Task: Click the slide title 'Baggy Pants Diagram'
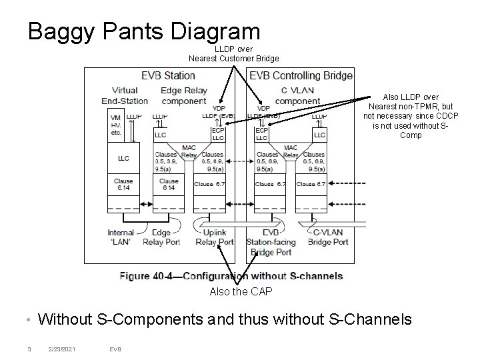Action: coord(143,31)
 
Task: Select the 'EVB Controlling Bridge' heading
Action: coord(301,75)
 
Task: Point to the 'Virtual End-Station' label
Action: coord(125,95)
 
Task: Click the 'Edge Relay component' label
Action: coord(185,95)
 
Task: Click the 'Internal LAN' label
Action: coord(121,237)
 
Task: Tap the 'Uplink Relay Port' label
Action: coord(214,237)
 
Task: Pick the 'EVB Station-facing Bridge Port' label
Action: coord(268,242)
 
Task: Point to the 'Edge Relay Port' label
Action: coord(163,237)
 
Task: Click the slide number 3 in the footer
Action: coord(29,347)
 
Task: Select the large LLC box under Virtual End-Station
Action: coord(123,159)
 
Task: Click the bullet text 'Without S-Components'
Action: coord(225,320)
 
